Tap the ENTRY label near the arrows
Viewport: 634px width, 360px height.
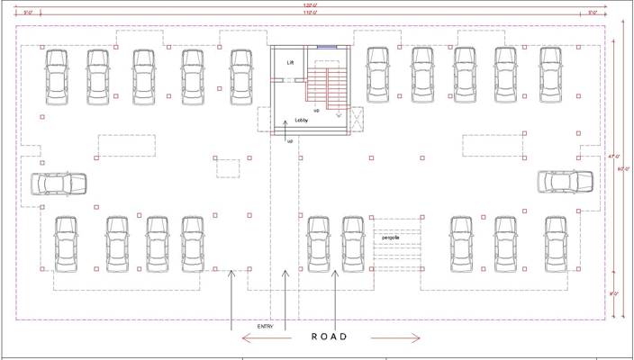(x=264, y=327)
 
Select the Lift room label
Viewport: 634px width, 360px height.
(x=290, y=63)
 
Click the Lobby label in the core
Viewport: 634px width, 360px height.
(x=303, y=119)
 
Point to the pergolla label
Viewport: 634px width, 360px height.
(x=390, y=238)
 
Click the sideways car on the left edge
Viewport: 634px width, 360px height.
(x=59, y=184)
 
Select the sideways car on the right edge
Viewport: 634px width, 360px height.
(x=566, y=182)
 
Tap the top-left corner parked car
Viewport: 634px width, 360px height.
(x=57, y=76)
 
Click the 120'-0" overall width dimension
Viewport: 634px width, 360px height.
(x=310, y=4)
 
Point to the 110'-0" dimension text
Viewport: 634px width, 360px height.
(x=310, y=13)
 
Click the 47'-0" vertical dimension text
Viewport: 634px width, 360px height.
(x=612, y=157)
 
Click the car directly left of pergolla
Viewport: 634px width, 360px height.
(x=353, y=244)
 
